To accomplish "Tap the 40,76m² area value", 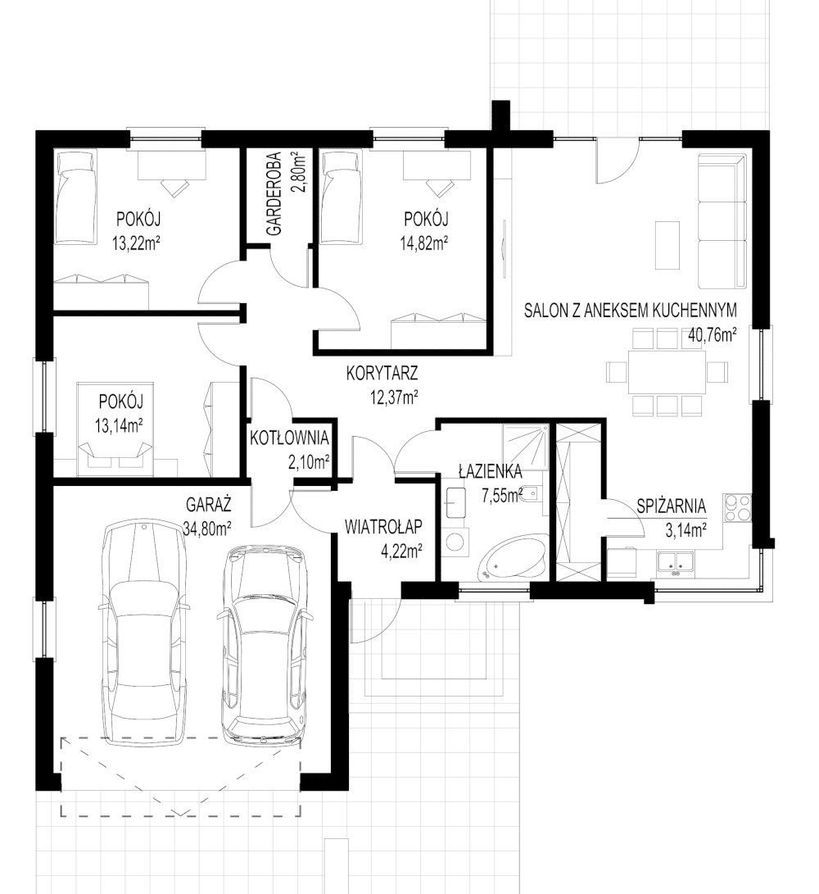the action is point(712,334).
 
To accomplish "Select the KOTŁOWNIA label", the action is point(290,438).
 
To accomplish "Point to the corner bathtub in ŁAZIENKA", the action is point(513,558).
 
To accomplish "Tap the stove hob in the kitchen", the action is point(737,508).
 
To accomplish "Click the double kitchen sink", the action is point(676,561).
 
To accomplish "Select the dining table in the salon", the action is point(667,372).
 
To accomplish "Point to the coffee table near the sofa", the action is point(667,245).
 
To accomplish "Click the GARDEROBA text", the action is point(274,194).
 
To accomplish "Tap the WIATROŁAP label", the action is point(383,526).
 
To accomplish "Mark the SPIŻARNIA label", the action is point(672,506).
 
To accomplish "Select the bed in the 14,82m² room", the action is point(341,197).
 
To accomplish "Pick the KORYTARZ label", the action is point(382,373).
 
